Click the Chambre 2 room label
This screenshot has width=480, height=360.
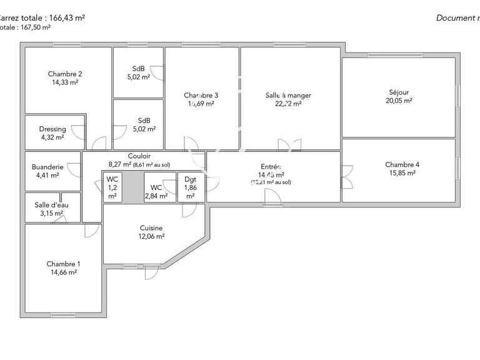65,74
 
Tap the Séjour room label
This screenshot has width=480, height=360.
399,92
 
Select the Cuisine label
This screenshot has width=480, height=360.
151,228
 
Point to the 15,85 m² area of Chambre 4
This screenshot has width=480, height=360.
402,174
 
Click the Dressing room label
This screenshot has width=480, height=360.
52,129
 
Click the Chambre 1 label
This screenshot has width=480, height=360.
63,264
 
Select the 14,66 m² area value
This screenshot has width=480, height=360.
63,272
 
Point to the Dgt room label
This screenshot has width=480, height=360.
191,179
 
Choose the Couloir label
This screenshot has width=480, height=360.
139,156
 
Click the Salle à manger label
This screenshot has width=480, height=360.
288,95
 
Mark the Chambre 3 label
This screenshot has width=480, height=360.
201,95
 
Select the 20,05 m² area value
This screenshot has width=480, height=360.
399,101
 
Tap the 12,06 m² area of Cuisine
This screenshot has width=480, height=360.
151,237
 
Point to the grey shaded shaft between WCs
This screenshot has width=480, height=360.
133,187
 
